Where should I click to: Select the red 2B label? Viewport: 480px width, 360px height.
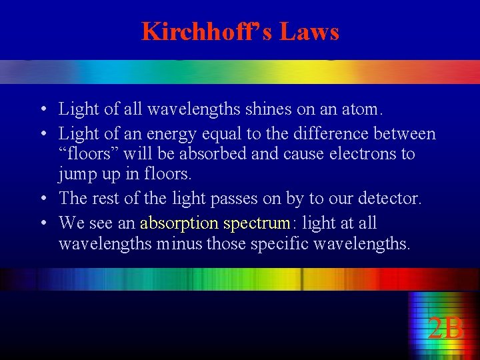445,329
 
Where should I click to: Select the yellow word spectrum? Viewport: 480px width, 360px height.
257,223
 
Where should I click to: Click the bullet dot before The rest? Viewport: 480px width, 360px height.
42,199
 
